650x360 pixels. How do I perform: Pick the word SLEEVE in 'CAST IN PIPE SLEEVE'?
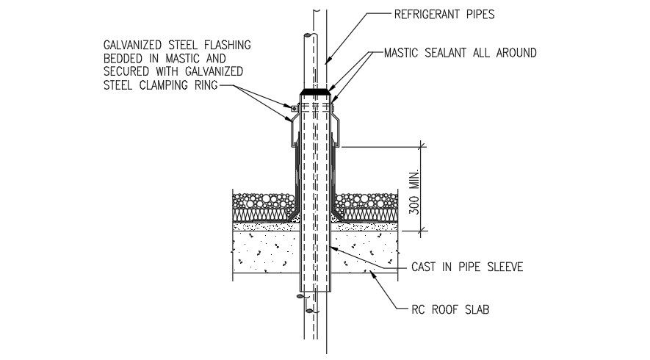(x=502, y=267)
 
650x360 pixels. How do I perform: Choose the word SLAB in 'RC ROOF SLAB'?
(x=475, y=309)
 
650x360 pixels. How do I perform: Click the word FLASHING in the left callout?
(x=227, y=45)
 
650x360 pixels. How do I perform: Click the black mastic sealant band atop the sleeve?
(x=314, y=93)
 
